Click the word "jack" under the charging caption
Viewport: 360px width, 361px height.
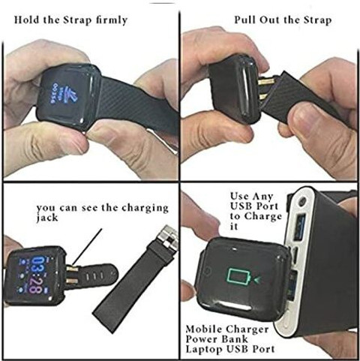tap(47, 218)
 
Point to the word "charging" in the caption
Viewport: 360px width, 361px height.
tap(145, 209)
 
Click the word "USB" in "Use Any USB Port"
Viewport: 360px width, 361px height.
tap(241, 206)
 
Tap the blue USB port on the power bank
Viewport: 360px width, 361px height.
tap(300, 227)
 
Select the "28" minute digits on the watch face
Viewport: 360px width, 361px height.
tap(37, 286)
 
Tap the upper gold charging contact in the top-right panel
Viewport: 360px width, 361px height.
tap(266, 81)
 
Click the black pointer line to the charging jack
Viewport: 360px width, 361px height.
tap(88, 247)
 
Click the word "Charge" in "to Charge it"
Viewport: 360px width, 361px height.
tap(263, 217)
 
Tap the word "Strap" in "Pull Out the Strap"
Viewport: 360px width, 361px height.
tap(318, 20)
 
